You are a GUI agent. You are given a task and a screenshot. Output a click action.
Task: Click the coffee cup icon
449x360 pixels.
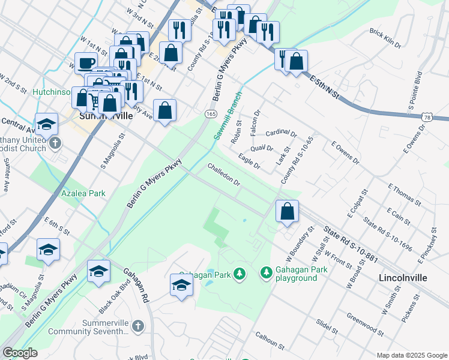click(x=86, y=62)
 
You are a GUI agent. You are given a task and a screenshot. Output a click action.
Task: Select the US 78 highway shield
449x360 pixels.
click(x=427, y=118)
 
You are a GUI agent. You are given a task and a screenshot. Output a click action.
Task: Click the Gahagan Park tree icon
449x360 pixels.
click(x=240, y=274)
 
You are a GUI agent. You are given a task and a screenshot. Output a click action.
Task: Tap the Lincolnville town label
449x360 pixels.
click(x=403, y=278)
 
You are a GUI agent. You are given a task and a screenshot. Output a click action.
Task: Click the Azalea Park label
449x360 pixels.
click(x=83, y=193)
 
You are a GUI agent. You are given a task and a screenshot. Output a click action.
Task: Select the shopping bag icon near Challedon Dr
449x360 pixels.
click(x=288, y=211)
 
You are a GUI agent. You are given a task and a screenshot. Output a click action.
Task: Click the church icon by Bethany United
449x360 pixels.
click(x=55, y=143)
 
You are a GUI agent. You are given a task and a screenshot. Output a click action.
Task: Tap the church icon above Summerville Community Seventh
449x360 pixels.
click(x=137, y=326)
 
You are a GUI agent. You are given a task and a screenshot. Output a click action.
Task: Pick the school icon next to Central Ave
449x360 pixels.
click(x=46, y=124)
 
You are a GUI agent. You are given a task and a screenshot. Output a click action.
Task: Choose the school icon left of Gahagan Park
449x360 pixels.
click(x=181, y=285)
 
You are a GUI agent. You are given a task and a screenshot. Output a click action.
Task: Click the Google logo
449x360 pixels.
click(x=20, y=353)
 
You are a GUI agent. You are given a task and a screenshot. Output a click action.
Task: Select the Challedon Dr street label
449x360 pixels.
click(x=224, y=174)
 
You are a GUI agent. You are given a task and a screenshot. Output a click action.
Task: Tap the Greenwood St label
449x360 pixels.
click(x=364, y=325)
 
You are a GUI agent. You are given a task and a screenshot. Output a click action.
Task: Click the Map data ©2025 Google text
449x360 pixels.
click(x=411, y=355)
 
